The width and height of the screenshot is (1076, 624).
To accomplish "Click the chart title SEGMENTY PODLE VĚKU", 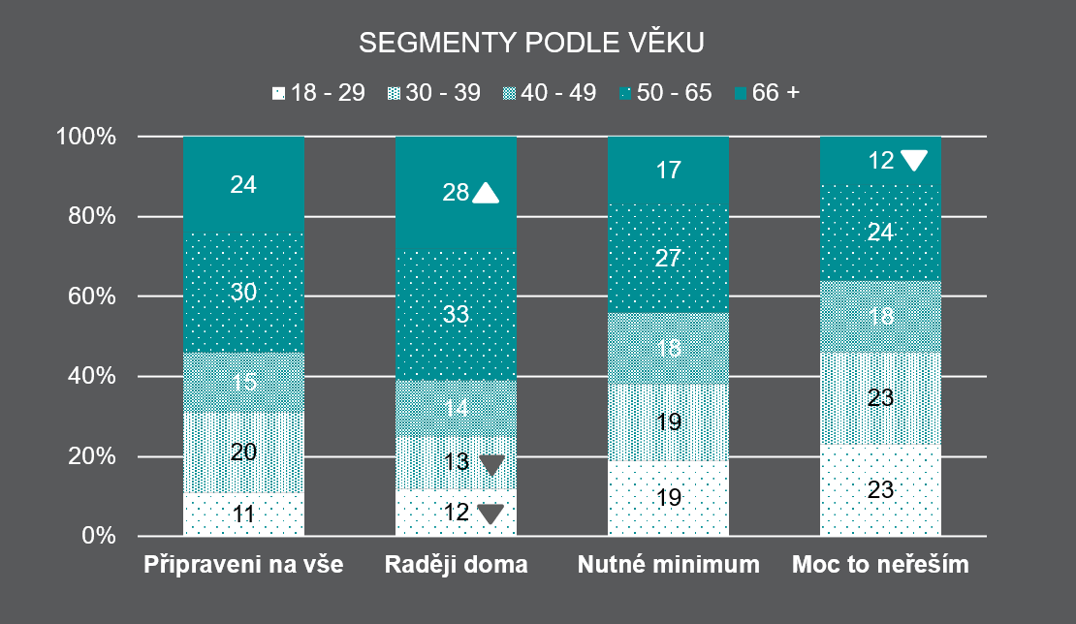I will tap(531, 44).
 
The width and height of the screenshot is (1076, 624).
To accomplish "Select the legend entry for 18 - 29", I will tap(319, 93).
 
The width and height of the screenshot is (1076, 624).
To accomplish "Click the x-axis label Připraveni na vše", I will tap(243, 565).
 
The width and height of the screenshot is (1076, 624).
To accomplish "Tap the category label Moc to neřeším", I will tap(880, 565).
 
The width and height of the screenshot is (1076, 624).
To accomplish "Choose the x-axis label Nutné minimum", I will tap(668, 565).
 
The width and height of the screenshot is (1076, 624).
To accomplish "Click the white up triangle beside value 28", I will tap(486, 194).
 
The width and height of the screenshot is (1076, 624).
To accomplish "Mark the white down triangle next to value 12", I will tap(913, 160).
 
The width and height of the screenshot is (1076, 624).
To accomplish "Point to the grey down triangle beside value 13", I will tap(491, 465).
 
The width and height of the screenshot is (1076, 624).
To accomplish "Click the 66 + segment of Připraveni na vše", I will tap(243, 184).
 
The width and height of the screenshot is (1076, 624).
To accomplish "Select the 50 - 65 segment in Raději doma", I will tap(456, 314).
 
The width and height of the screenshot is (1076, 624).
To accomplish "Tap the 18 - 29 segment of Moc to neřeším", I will tap(880, 490).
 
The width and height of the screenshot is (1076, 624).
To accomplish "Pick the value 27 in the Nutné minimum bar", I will tap(668, 258).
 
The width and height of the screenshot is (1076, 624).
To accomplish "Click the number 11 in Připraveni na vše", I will tap(243, 515).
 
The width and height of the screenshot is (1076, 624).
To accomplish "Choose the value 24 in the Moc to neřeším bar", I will tap(880, 232).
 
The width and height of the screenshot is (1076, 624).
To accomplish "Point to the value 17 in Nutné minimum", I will tap(668, 171).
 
